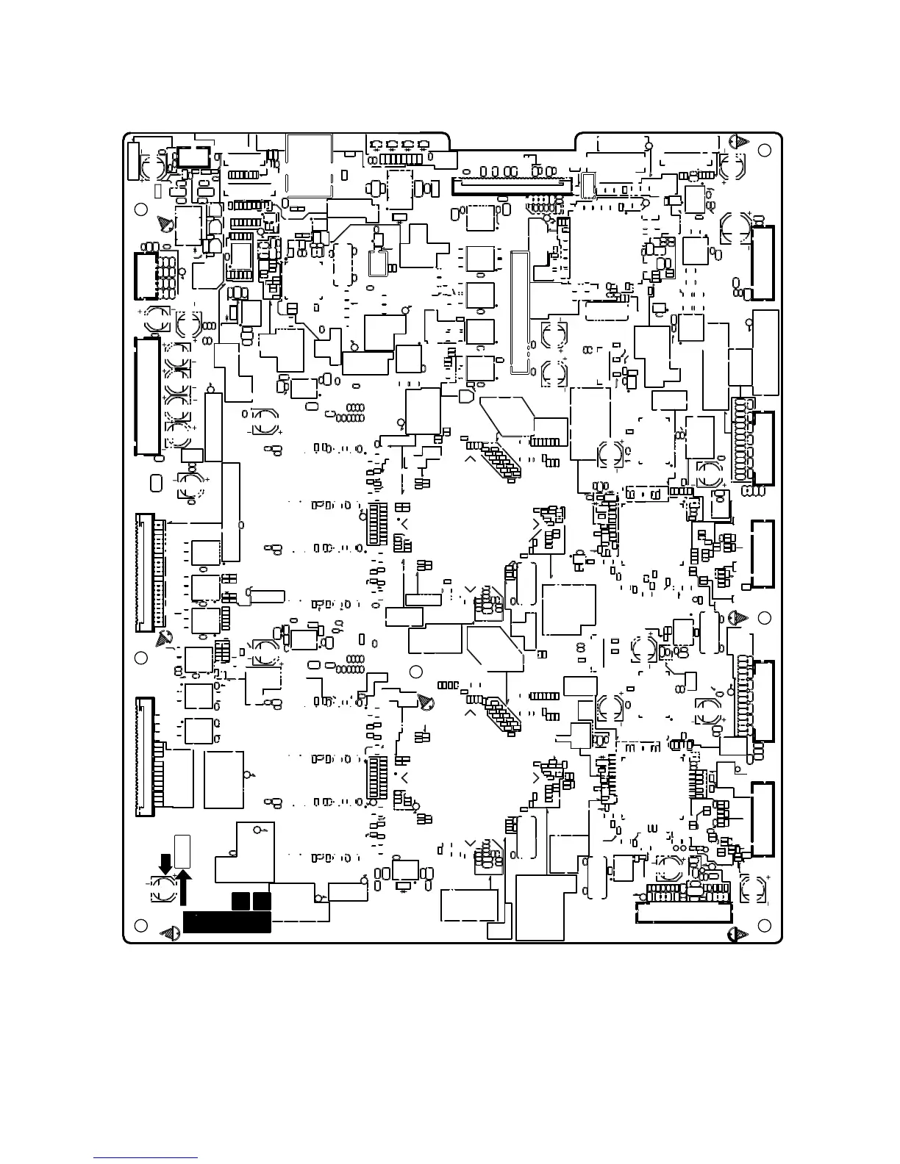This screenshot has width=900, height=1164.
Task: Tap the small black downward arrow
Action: point(165,864)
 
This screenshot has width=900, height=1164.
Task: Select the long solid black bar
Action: point(226,922)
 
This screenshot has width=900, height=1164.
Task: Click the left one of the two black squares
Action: point(240,902)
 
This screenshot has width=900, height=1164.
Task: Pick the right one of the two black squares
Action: point(262,902)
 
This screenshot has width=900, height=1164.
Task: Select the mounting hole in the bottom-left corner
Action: point(140,924)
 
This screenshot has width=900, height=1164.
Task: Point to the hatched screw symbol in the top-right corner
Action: point(740,142)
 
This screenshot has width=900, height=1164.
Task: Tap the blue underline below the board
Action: point(146,1159)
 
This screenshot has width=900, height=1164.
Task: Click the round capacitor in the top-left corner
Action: point(155,167)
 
